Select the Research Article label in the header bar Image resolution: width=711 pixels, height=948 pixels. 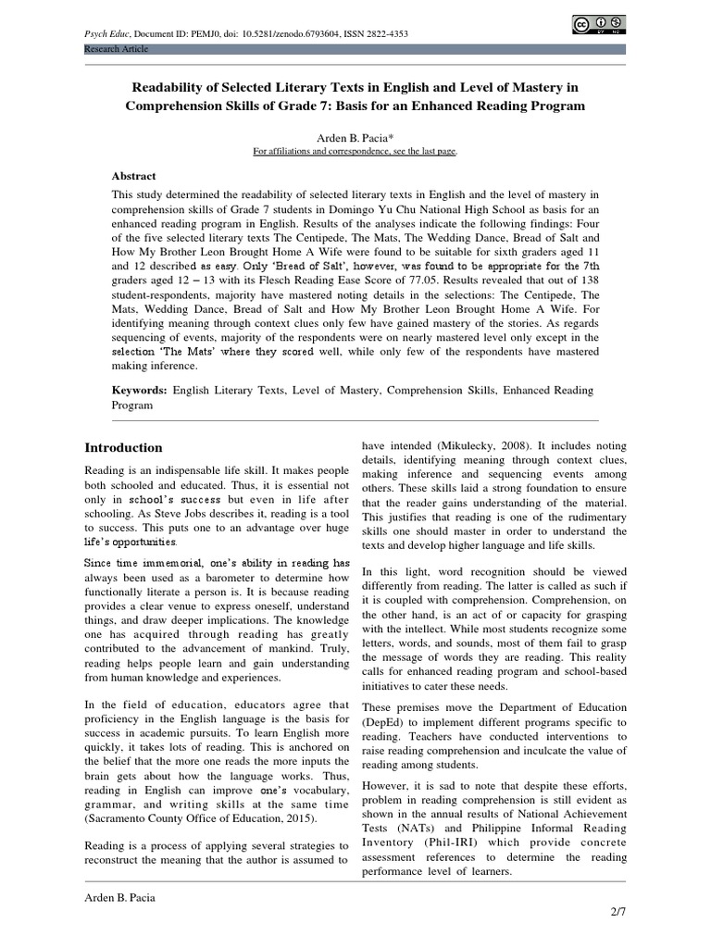(116, 48)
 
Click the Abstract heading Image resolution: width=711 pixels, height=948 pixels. (134, 176)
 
